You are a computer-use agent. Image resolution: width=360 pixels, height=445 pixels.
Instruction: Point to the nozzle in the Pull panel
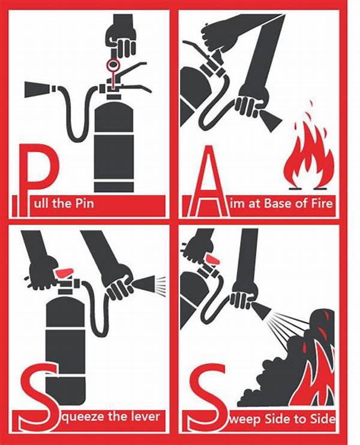[38, 89]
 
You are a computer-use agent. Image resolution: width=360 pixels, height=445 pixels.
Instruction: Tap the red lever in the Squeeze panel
[65, 273]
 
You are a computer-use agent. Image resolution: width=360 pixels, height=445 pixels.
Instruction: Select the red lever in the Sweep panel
[214, 259]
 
